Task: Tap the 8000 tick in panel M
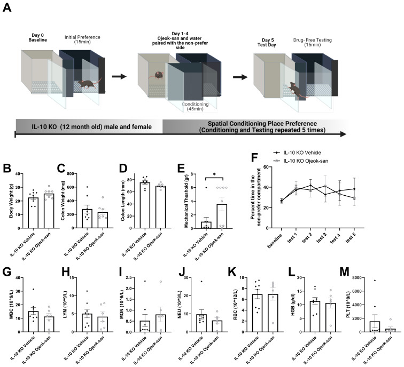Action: (x=351, y=278)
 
